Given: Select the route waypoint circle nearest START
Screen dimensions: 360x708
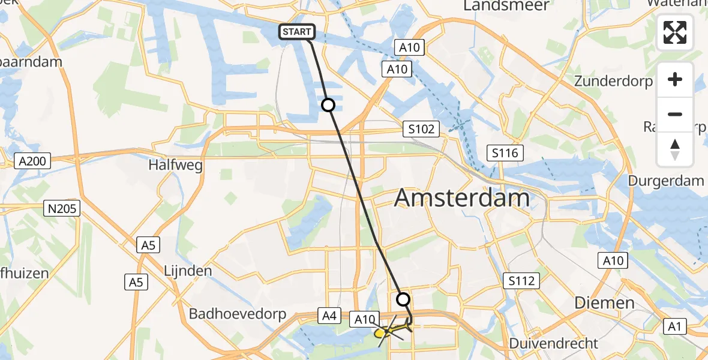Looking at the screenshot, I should (x=328, y=105).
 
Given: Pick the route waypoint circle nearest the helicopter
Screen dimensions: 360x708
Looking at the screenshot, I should (x=404, y=299).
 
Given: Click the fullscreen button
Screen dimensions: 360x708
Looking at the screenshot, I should (x=675, y=33).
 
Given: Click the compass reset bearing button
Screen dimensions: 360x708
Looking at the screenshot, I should (x=675, y=149).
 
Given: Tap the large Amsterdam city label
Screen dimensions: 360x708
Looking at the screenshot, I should (x=462, y=198).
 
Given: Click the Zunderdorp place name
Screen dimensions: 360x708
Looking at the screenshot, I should (x=613, y=81).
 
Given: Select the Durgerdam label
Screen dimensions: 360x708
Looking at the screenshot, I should (x=665, y=181).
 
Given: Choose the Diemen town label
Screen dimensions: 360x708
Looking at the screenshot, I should (x=604, y=302).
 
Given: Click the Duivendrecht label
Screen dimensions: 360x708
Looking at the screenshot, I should (x=553, y=344).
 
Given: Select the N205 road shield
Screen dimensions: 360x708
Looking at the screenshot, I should (x=63, y=208).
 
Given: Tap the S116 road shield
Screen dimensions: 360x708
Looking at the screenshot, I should (x=506, y=153).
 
